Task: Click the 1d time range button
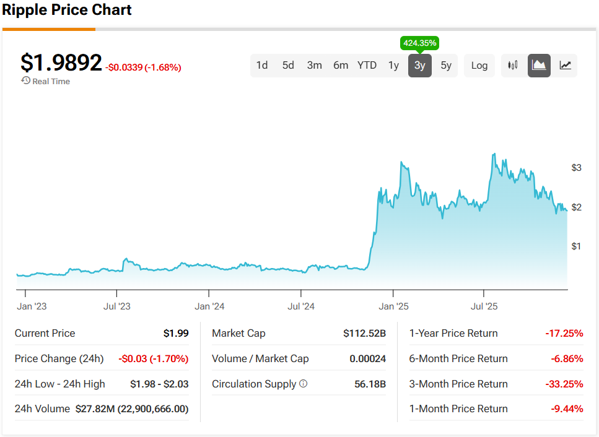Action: click(262, 66)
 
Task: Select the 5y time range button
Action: click(446, 66)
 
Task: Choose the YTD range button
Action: click(367, 66)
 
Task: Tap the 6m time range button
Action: click(341, 66)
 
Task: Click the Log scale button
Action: click(479, 66)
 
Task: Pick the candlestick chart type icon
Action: click(513, 66)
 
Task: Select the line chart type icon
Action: click(565, 66)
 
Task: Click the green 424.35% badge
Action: click(420, 43)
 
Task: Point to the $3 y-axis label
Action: click(577, 168)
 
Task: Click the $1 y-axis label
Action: click(577, 246)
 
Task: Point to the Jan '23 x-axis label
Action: click(32, 306)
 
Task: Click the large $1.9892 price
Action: click(61, 63)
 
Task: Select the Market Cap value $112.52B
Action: click(364, 334)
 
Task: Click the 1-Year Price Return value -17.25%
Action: click(564, 334)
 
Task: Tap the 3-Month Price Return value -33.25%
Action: click(564, 384)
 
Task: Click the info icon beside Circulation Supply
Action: click(304, 384)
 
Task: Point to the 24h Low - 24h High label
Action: click(60, 384)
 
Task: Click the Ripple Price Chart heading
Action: click(67, 11)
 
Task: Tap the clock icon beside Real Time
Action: click(25, 81)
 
